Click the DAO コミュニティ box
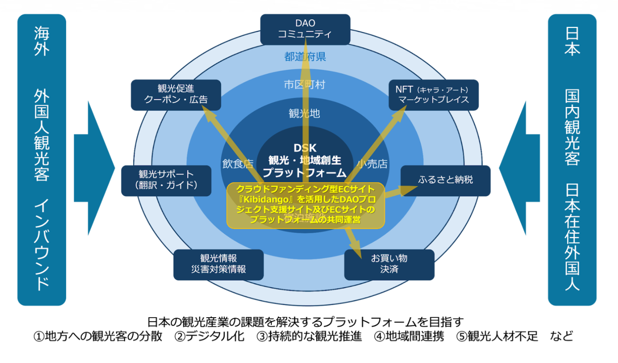point(305,29)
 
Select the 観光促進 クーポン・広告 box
point(176,95)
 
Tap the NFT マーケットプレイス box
point(433,95)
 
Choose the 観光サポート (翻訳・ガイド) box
point(166,180)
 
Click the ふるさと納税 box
point(445,180)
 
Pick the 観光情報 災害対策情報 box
point(218,264)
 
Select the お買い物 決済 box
point(389,264)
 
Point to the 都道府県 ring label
point(305,57)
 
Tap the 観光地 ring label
point(304,114)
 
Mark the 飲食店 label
point(238,163)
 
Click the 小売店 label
point(372,163)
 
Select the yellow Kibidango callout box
point(305,205)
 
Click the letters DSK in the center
point(305,148)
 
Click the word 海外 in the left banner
point(42,41)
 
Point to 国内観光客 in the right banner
point(572,127)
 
